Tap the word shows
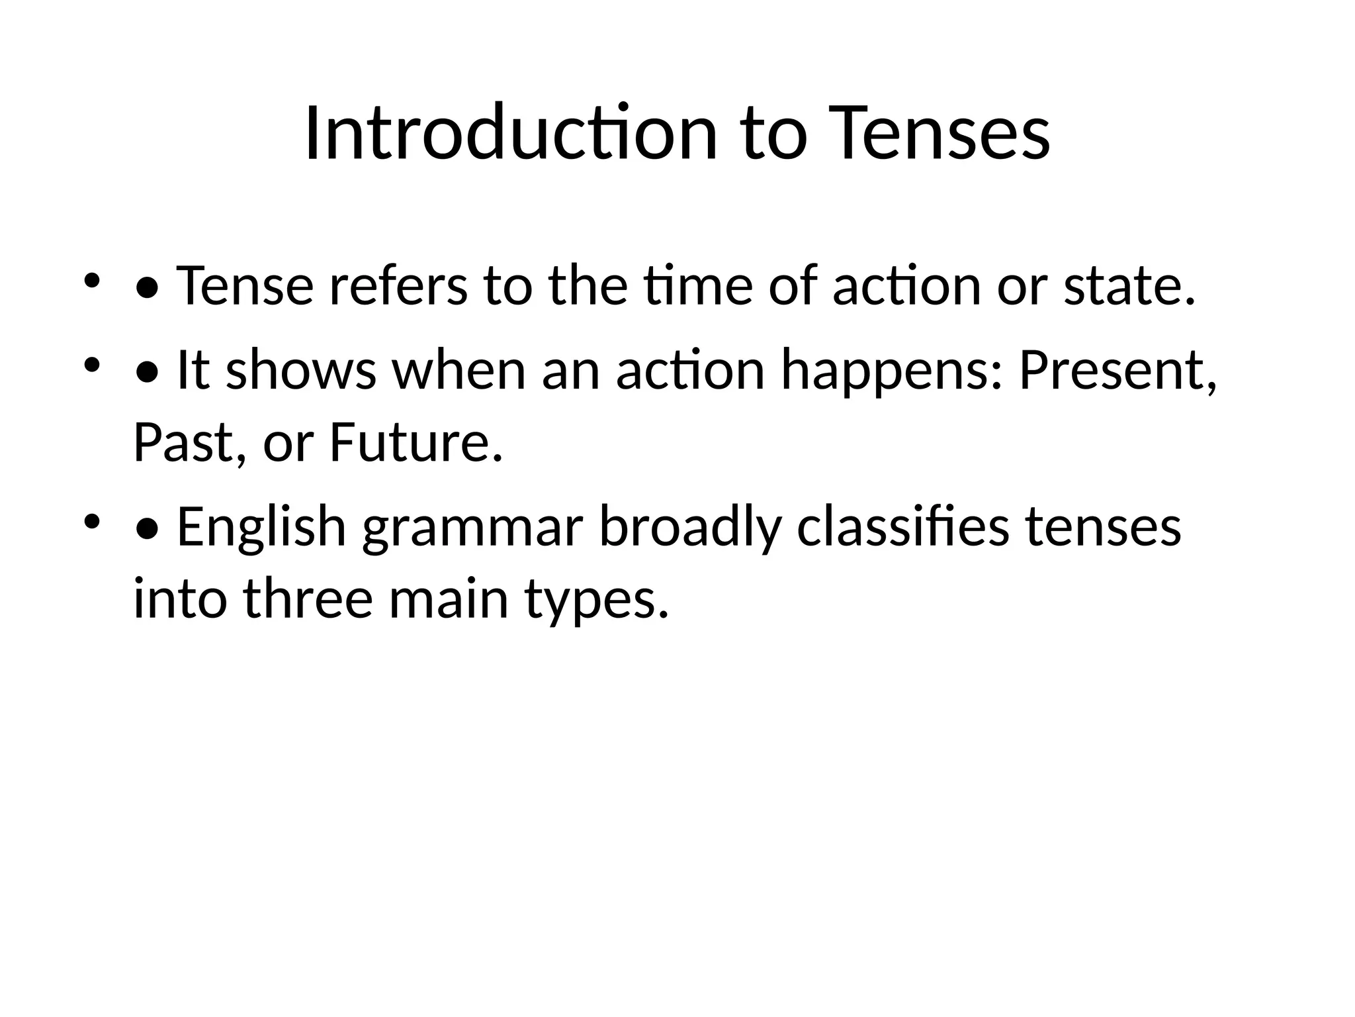click(301, 370)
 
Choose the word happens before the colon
click(893, 370)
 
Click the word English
click(261, 528)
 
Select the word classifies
click(902, 528)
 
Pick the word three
click(308, 599)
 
